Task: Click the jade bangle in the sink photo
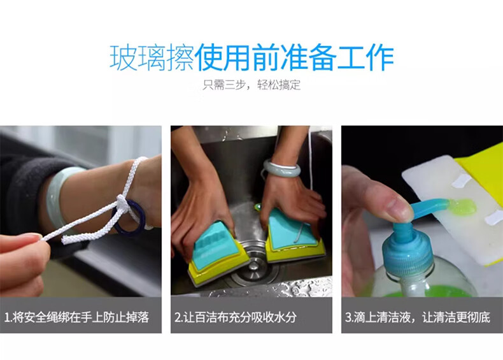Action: tap(281, 169)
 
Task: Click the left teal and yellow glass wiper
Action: tap(215, 252)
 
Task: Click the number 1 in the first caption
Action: tap(6, 317)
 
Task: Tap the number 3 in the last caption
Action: tap(349, 317)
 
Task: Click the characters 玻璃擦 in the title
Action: tap(152, 58)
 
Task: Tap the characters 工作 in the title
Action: tap(365, 58)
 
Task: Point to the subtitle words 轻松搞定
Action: tap(279, 85)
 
